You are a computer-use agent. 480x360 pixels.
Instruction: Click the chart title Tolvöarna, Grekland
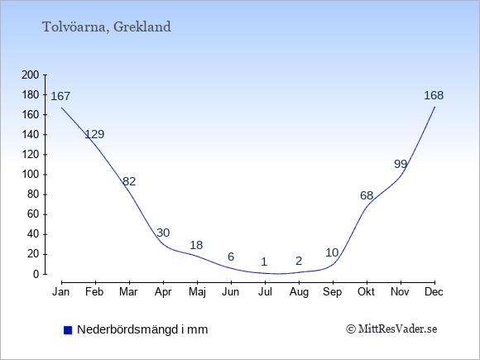pyautogui.click(x=107, y=27)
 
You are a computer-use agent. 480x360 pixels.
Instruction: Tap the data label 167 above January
pyautogui.click(x=60, y=97)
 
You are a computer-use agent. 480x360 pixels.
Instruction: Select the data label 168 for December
pyautogui.click(x=434, y=95)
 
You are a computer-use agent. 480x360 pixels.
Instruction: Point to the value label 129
pyautogui.click(x=94, y=134)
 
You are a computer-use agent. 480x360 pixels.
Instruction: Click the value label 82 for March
pyautogui.click(x=129, y=181)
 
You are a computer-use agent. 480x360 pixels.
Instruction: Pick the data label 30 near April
pyautogui.click(x=163, y=233)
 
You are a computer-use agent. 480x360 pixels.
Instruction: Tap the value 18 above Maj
pyautogui.click(x=196, y=245)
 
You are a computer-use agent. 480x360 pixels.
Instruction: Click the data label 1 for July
pyautogui.click(x=264, y=262)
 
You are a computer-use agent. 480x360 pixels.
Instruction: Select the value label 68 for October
pyautogui.click(x=367, y=195)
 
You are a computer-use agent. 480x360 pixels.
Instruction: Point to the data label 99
pyautogui.click(x=401, y=165)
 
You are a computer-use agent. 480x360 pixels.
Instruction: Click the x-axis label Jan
pyautogui.click(x=61, y=292)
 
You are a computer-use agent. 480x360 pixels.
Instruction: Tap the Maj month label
pyautogui.click(x=197, y=292)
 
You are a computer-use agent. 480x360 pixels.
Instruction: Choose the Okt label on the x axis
pyautogui.click(x=366, y=292)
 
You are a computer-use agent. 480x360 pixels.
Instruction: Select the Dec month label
pyautogui.click(x=434, y=292)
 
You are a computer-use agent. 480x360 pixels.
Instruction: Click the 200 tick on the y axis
pyautogui.click(x=31, y=74)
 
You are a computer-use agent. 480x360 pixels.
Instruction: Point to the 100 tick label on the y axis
pyautogui.click(x=31, y=175)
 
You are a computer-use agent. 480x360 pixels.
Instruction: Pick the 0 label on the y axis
pyautogui.click(x=36, y=274)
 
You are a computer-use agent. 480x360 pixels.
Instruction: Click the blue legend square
pyautogui.click(x=68, y=330)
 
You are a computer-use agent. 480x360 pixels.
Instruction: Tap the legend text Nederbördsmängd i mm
pyautogui.click(x=142, y=329)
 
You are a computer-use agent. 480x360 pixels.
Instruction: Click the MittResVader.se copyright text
pyautogui.click(x=391, y=329)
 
